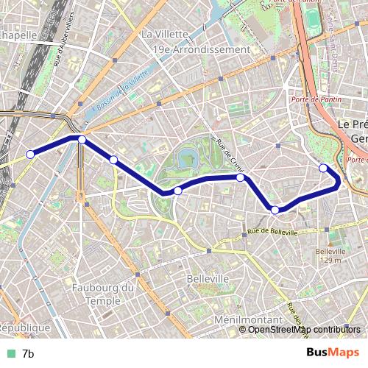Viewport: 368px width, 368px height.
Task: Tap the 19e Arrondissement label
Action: [201, 49]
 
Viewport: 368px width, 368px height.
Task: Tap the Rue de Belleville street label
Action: [272, 232]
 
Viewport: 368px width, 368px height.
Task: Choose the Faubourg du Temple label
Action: [104, 294]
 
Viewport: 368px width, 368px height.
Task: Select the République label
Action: [24, 328]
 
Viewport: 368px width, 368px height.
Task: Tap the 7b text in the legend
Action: [28, 354]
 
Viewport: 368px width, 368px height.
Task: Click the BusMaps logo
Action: [333, 353]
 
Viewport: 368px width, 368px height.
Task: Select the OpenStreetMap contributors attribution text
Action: [304, 329]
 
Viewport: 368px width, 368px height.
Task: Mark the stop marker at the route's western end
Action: [31, 154]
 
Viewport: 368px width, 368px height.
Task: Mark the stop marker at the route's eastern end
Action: [323, 168]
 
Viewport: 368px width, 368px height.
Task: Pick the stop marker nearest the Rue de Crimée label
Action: [241, 177]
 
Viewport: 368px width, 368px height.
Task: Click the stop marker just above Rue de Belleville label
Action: [275, 210]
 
